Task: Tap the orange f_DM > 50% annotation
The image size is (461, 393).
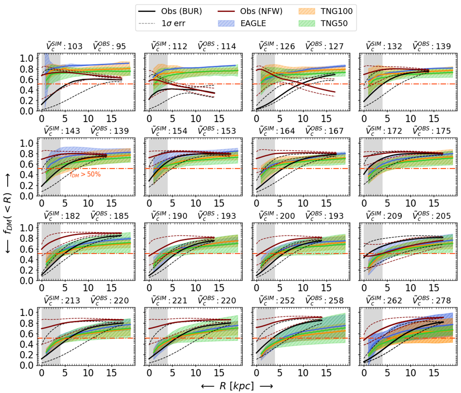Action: [x=85, y=174]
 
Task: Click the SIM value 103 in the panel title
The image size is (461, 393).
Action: [x=75, y=46]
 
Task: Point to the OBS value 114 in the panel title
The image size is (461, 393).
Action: [x=228, y=46]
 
